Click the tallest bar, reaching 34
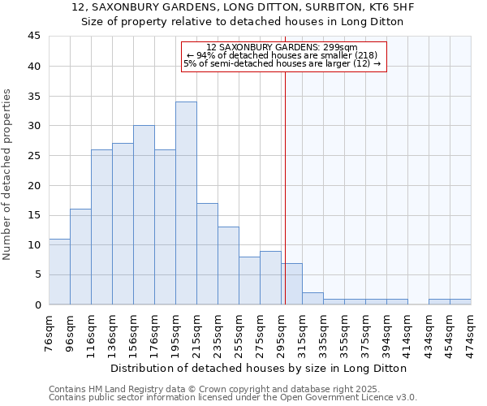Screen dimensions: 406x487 [x=186, y=203]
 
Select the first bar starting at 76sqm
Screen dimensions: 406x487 [x=59, y=271]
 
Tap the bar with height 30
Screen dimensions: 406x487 [x=144, y=215]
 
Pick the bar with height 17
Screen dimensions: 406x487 [x=207, y=253]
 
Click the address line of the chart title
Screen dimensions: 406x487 [x=242, y=7]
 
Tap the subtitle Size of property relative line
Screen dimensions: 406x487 [x=242, y=22]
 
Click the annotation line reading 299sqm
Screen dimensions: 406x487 [x=282, y=48]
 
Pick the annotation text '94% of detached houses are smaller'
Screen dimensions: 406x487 [x=282, y=55]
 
